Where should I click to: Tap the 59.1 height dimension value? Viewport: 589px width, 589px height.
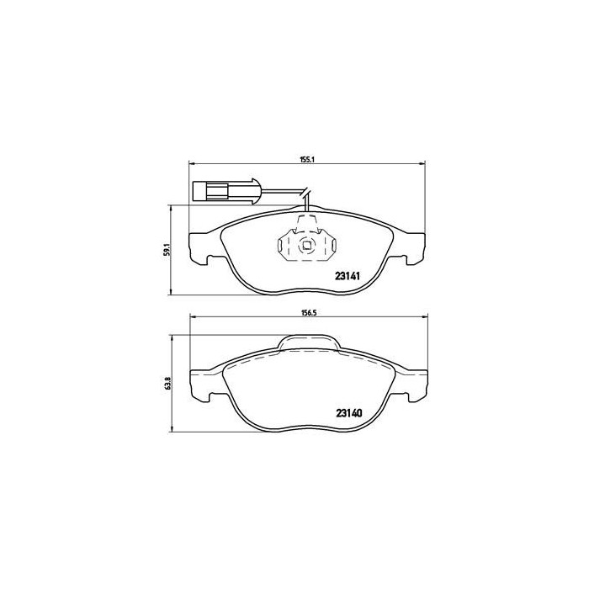167,250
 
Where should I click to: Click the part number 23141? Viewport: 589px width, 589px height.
349,275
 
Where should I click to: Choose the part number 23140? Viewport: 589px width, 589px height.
349,412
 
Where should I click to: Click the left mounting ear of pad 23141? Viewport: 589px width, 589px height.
200,245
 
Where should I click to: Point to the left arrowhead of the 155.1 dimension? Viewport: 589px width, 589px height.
190,163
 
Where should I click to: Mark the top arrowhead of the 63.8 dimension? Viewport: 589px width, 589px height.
173,336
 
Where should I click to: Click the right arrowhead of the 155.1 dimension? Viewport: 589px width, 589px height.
423,163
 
